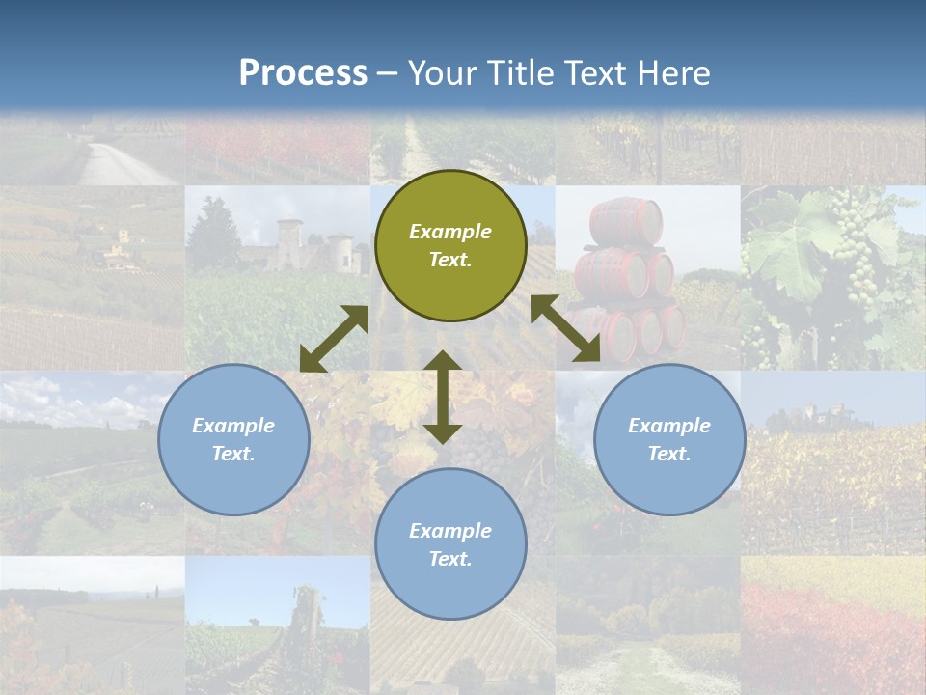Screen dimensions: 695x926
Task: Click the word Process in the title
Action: [303, 73]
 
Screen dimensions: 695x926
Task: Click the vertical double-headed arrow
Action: [443, 397]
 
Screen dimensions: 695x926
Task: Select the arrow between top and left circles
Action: [334, 339]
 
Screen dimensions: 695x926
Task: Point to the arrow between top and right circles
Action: [566, 328]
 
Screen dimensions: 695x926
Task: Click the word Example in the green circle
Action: [450, 232]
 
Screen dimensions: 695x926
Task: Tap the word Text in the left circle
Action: [233, 454]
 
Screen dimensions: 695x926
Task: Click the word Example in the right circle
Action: [669, 426]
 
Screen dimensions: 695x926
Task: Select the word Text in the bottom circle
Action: [450, 559]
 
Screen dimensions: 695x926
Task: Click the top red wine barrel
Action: [626, 221]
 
